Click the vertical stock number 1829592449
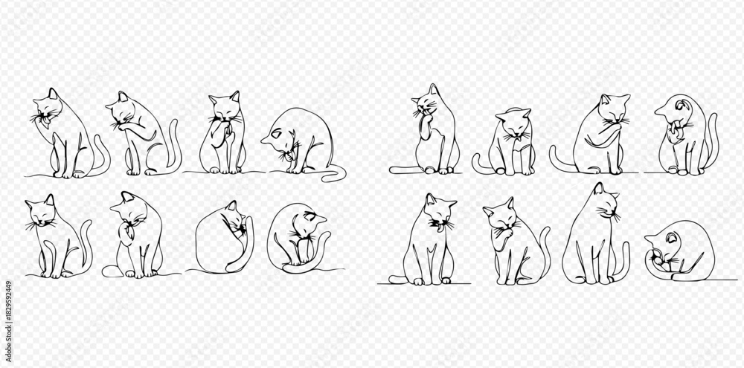coord(8,309)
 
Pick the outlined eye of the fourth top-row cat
coord(276,135)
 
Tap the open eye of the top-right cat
coord(681,106)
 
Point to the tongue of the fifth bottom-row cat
coord(441,228)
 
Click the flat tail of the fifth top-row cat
coord(403,170)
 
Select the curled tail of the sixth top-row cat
coord(478,164)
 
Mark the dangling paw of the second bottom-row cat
coord(126,236)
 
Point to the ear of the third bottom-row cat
coord(231,205)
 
